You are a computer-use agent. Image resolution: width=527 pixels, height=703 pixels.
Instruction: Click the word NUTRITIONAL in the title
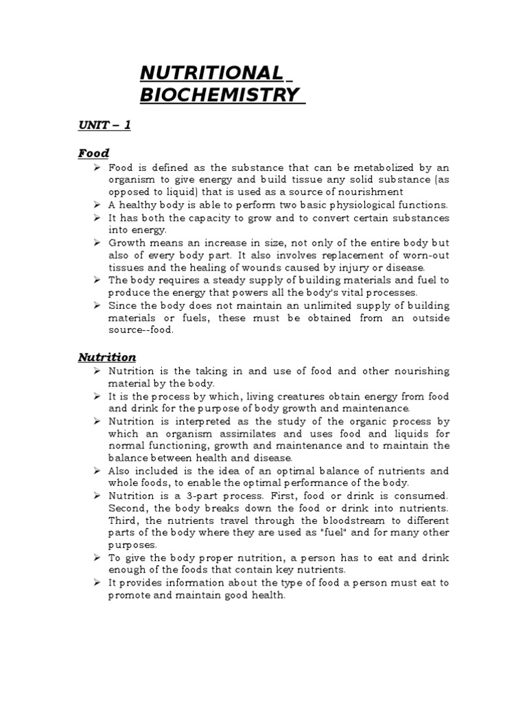click(x=211, y=73)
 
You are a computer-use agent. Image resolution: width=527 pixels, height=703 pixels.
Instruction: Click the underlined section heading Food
click(x=93, y=153)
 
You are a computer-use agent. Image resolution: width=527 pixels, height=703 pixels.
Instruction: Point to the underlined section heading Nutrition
click(x=106, y=357)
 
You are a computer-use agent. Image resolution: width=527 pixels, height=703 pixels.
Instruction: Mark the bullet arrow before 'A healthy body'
click(x=97, y=205)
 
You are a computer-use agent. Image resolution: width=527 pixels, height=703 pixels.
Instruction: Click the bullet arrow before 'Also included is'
click(x=97, y=471)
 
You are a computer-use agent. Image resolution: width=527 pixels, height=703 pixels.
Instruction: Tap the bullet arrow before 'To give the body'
click(x=97, y=558)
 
